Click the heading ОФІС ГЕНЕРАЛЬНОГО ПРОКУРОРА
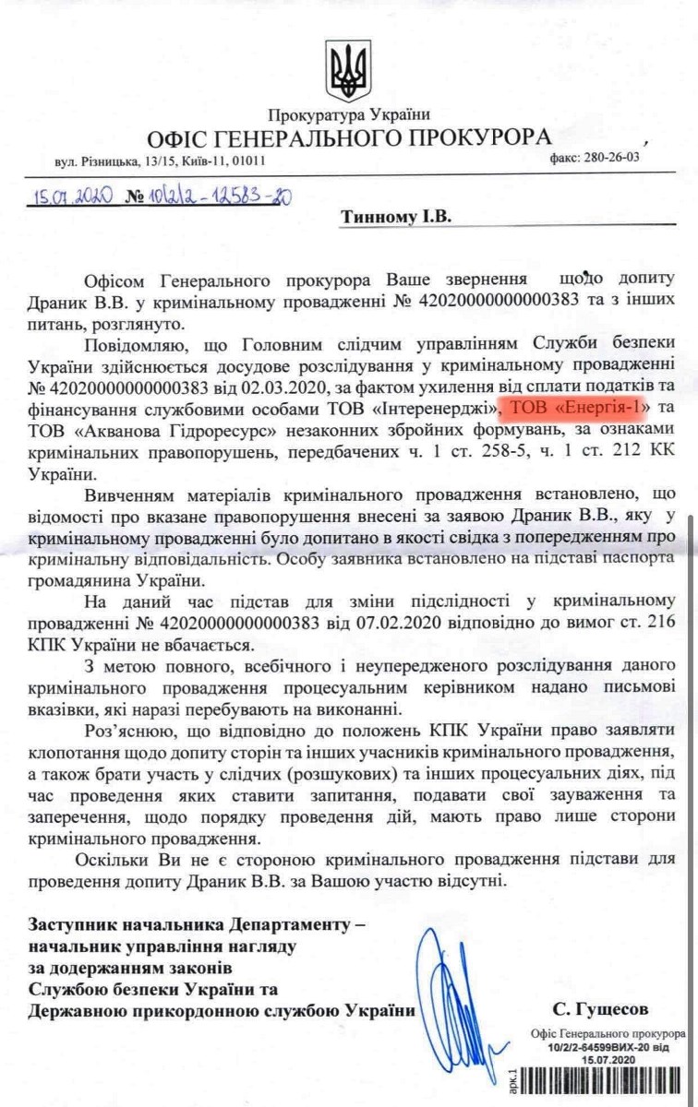349,138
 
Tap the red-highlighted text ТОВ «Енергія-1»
569,407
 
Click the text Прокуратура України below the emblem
349,115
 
